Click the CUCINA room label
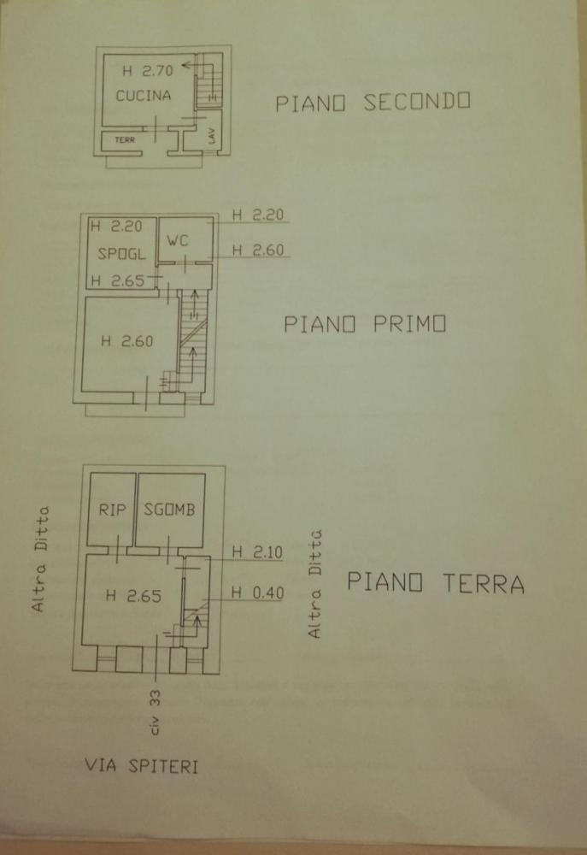[143, 95]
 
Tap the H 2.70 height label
[146, 71]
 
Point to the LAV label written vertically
[211, 135]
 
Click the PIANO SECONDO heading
[373, 103]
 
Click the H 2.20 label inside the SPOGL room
[120, 227]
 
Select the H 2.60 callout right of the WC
[258, 251]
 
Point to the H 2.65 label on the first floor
[120, 280]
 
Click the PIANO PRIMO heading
[365, 325]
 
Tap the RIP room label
[112, 510]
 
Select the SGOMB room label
[170, 510]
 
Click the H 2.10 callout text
[257, 552]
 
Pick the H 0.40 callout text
[257, 593]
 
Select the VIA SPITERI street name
[141, 766]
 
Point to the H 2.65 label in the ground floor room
[132, 597]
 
